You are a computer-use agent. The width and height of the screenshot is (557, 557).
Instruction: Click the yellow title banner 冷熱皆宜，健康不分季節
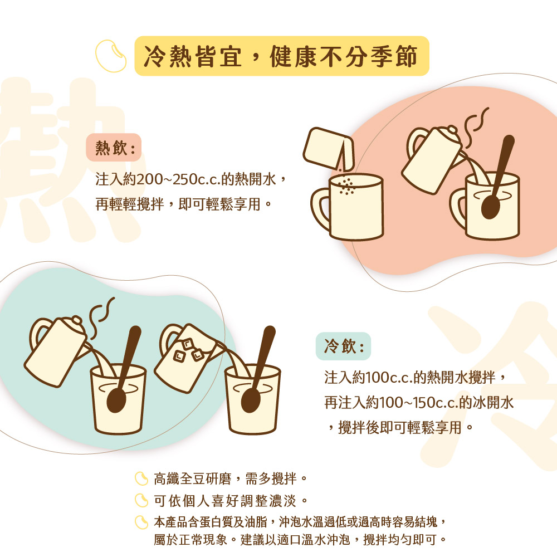282,56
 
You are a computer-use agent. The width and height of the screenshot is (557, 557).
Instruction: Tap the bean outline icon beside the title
111,56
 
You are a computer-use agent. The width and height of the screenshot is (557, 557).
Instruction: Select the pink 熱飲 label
114,148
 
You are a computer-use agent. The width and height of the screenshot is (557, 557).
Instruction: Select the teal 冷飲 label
343,346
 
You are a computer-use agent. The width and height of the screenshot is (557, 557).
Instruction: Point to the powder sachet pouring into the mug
329,149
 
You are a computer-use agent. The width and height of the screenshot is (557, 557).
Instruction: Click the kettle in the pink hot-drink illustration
434,160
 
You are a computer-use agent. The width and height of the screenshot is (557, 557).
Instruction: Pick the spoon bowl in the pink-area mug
491,207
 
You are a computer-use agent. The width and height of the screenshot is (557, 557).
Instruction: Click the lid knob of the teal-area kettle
76,320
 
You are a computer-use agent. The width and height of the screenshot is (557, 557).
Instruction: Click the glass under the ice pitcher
252,399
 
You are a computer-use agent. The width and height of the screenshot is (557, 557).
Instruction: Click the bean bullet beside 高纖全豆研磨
141,478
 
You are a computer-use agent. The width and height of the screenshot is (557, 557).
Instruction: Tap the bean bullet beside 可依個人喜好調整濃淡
141,501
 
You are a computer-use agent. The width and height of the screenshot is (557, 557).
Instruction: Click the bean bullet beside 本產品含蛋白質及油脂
141,522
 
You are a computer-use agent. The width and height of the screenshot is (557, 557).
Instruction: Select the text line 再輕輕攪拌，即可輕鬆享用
184,204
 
